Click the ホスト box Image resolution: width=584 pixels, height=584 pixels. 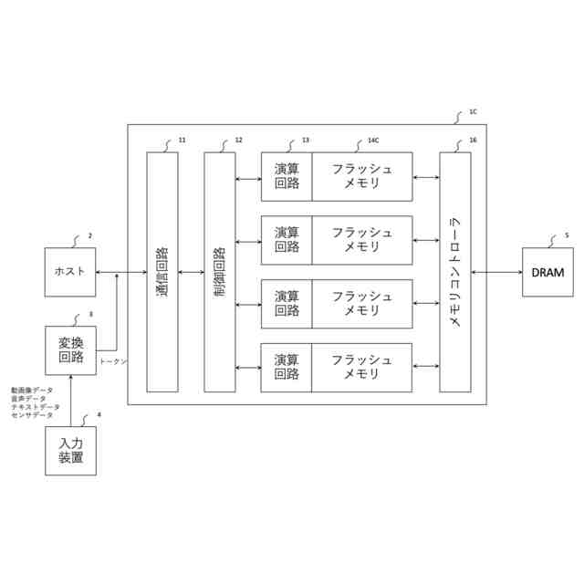[70, 272]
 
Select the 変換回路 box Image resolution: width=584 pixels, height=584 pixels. [70, 349]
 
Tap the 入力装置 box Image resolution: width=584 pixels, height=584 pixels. [70, 451]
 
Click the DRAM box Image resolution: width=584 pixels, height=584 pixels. [548, 272]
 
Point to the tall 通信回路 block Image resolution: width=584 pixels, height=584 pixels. [162, 272]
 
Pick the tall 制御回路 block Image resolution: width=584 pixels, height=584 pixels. [220, 272]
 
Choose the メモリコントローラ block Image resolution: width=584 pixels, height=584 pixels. [455, 272]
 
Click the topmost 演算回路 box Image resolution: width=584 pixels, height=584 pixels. [287, 176]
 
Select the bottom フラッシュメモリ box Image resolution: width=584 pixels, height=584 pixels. [362, 367]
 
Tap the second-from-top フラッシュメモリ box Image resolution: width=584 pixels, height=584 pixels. [362, 240]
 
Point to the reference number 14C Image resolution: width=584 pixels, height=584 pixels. [372, 141]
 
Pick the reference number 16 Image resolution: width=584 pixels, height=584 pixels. [473, 141]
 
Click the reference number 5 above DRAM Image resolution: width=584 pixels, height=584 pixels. [567, 235]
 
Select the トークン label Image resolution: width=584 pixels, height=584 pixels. [113, 361]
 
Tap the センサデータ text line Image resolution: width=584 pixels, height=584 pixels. [33, 415]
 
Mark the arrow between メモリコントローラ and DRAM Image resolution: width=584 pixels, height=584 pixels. [496, 272]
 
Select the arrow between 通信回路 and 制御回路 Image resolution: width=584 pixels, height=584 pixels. [191, 272]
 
